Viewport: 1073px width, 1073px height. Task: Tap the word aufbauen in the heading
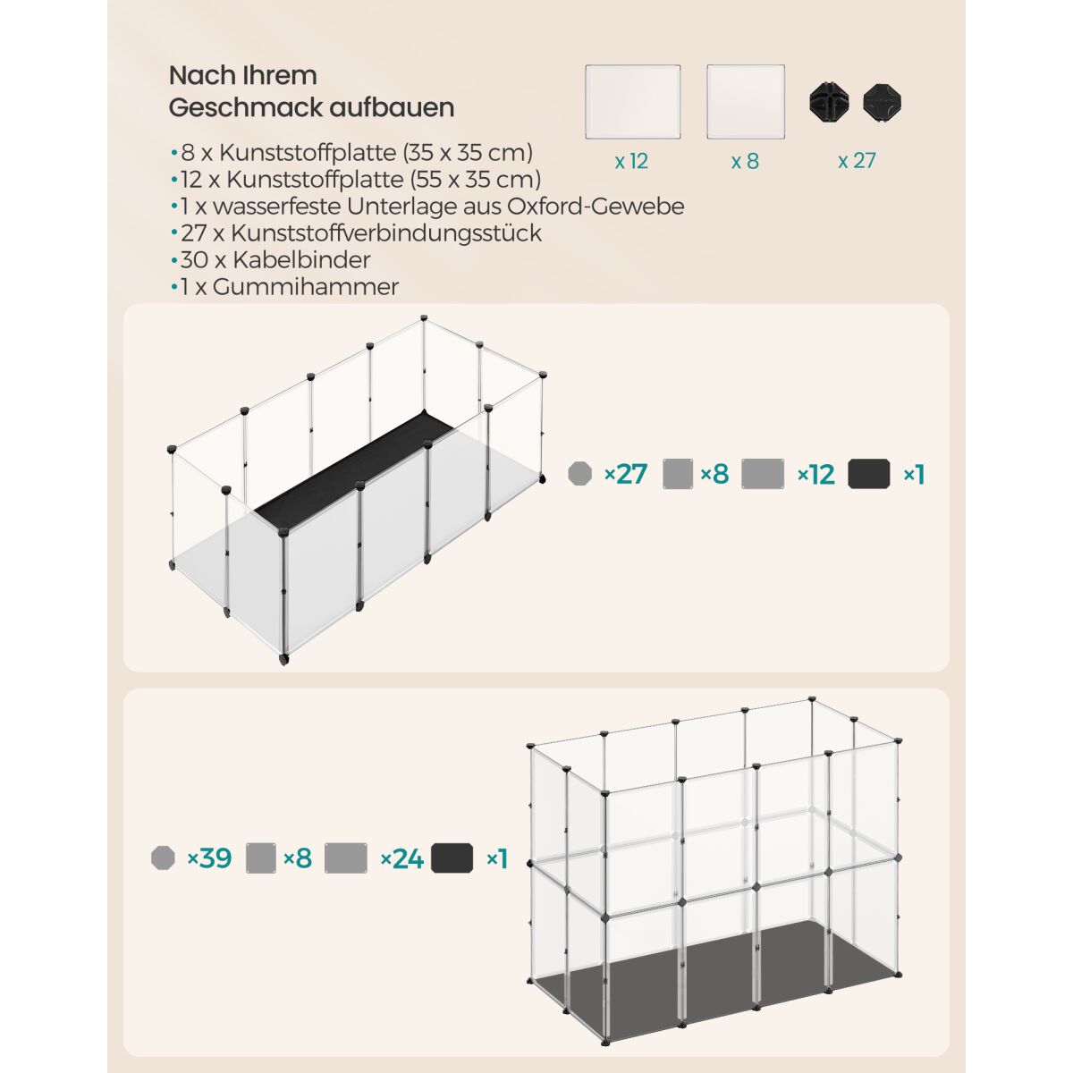coord(392,107)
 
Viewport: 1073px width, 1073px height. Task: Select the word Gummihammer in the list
coord(305,287)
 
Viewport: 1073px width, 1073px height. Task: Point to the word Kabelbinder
coord(301,260)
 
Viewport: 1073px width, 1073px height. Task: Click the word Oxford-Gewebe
coord(596,207)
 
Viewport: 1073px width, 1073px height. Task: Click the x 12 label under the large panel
coord(631,162)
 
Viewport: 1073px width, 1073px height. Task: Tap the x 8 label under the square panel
coord(745,162)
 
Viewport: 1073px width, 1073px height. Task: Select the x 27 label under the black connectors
coord(857,161)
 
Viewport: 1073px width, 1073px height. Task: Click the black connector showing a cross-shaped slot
coord(829,103)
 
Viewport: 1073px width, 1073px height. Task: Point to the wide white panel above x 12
coord(632,102)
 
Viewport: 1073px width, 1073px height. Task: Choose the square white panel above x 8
coord(746,102)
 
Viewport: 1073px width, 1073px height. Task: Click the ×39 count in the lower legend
coord(209,858)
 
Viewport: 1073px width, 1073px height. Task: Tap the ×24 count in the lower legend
coord(402,858)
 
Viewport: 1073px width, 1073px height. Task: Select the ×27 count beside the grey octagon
coord(626,475)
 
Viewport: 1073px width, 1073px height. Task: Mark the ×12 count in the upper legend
coord(816,475)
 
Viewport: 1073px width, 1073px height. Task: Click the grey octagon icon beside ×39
coord(163,858)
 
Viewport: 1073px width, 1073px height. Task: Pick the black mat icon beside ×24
coord(452,858)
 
